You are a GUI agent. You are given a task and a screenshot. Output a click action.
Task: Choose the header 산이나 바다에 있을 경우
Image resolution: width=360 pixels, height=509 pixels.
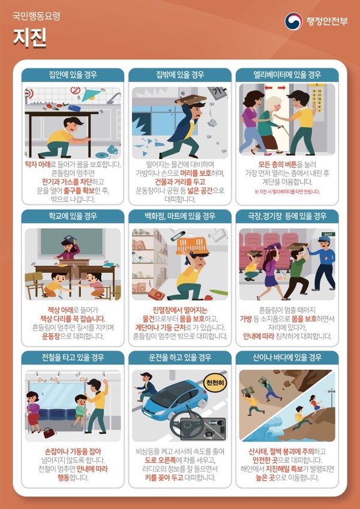pyautogui.click(x=287, y=357)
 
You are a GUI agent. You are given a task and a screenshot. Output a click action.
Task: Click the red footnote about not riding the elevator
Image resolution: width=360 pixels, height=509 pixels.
pyautogui.click(x=287, y=191)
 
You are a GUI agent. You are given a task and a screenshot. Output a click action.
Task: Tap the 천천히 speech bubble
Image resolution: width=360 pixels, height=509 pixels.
pyautogui.click(x=214, y=382)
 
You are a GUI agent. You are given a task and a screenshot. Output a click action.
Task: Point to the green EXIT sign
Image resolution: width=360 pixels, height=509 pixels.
pyautogui.click(x=328, y=234)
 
